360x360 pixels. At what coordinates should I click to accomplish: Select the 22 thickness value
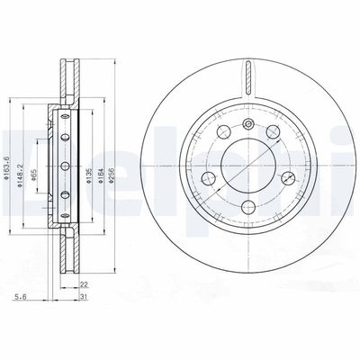tap(84, 286)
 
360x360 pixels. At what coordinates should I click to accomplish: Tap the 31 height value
tap(84, 298)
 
